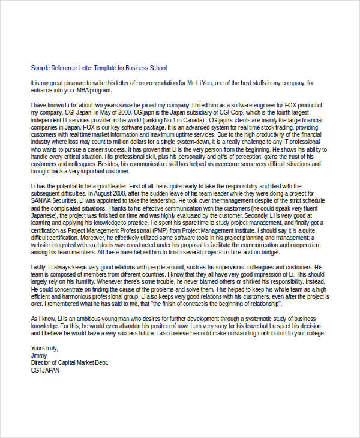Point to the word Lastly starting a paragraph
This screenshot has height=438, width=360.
[39, 266]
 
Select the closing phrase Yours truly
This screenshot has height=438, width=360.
[46, 347]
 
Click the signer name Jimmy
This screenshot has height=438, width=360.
[38, 355]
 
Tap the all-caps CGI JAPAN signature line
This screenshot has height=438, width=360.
[46, 371]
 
